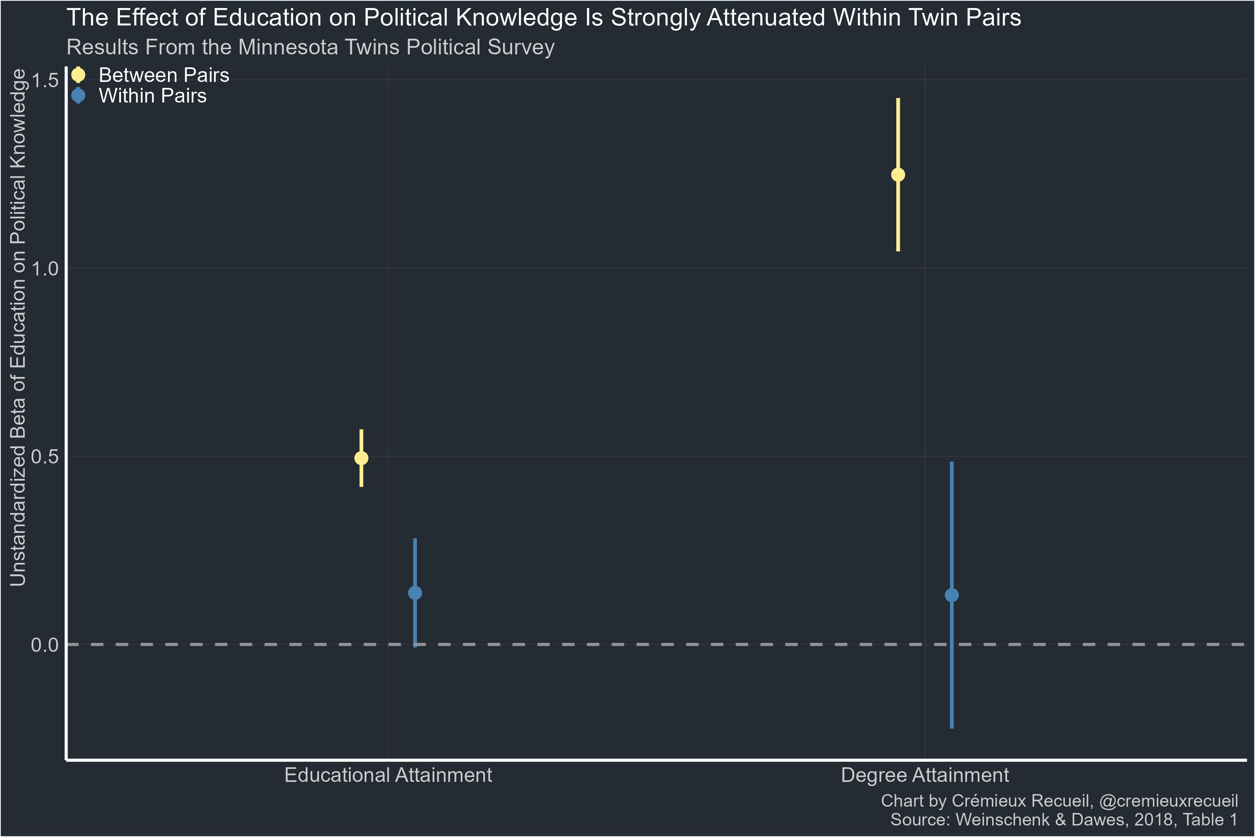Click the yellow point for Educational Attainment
361,458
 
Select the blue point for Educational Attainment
414,593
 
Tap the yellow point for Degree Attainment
898,175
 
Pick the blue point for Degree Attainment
951,595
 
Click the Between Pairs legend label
164,75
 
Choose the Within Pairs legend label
153,96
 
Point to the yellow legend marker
78,75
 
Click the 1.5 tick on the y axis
45,80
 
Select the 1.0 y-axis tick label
45,269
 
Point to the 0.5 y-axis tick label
45,457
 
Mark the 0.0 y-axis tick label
45,645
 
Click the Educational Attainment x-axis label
388,775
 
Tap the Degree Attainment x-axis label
925,775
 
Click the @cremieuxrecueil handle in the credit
1168,801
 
